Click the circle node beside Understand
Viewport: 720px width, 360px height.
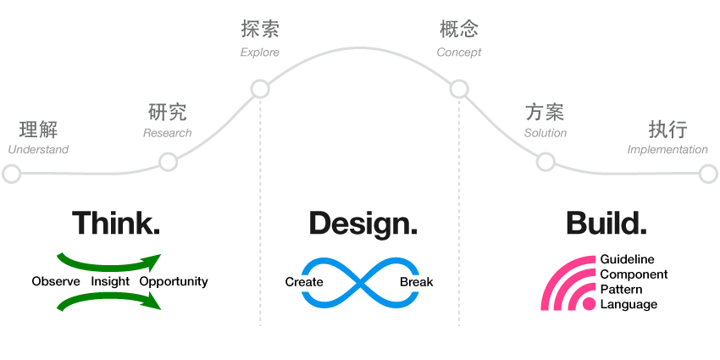tap(11, 174)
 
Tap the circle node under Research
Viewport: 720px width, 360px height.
tap(168, 161)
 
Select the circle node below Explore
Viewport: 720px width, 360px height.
tap(260, 89)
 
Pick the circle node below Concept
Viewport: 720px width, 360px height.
tap(459, 89)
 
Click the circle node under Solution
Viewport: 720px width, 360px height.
tap(546, 161)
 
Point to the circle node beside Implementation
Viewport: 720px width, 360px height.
tap(709, 174)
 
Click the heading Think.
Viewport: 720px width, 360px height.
tap(116, 223)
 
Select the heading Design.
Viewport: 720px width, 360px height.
tap(363, 224)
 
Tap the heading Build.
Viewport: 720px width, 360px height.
tap(606, 223)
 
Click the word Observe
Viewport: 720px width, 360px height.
tap(56, 281)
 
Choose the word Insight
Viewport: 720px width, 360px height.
tap(110, 281)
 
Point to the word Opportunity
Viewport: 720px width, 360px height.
tap(174, 282)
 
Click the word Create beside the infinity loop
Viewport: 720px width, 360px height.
tap(304, 282)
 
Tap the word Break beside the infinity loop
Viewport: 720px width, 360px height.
tap(416, 282)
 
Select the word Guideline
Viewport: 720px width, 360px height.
tap(627, 259)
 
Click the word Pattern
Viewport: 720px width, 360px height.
tap(622, 290)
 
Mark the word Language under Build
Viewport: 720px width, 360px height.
tap(629, 305)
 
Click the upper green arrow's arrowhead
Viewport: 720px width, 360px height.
tap(152, 261)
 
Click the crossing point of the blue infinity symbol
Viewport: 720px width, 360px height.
tap(360, 282)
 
